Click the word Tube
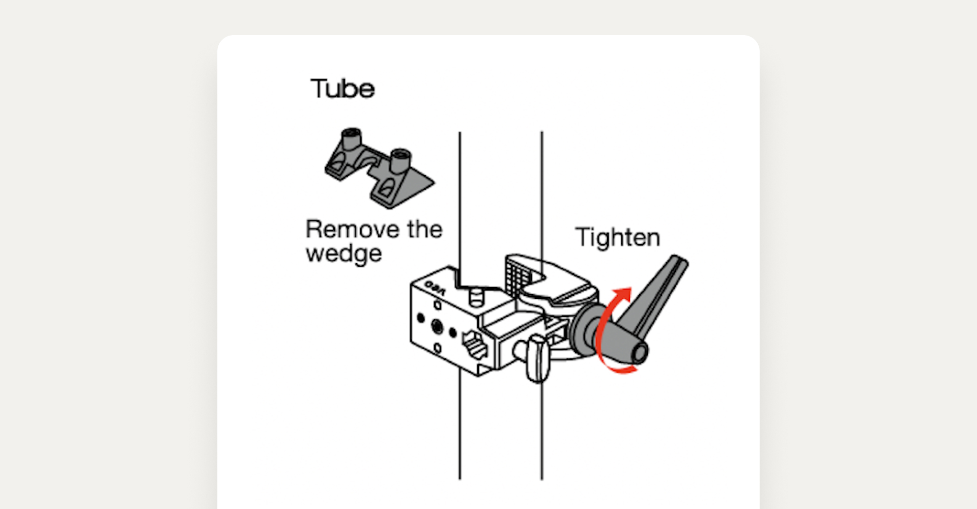coord(342,89)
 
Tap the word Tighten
coord(618,238)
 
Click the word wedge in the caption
coord(343,253)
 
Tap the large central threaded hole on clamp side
coord(437,326)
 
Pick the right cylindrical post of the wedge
coord(400,160)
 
